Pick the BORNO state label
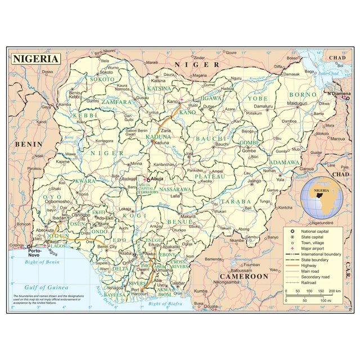coord(303,94)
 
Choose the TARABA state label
coord(235,201)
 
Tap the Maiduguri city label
coord(298,103)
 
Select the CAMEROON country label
coord(244,276)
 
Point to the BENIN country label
coord(29,144)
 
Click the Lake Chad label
coord(331,73)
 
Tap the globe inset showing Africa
coord(322,197)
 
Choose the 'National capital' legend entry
coord(300,232)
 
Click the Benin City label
coord(107,247)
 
